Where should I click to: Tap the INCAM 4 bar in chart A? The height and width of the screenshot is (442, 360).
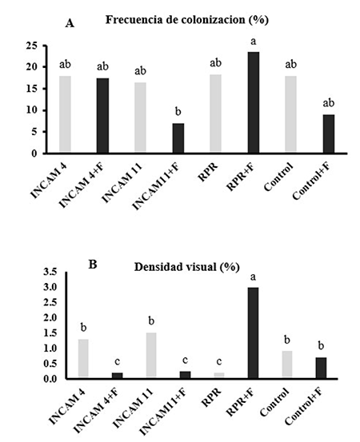pos(65,114)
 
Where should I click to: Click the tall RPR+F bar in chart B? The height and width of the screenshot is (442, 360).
pos(254,333)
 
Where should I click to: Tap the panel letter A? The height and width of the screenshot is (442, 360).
pos(70,24)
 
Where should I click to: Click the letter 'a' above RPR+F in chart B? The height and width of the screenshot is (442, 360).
pos(254,276)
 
